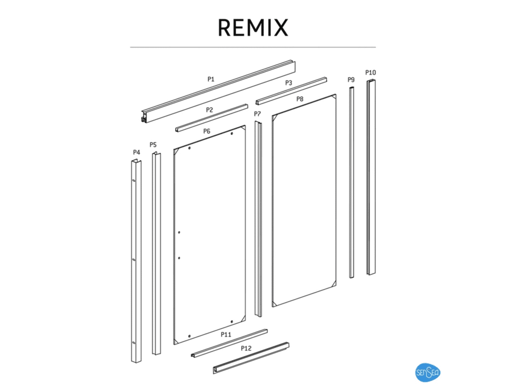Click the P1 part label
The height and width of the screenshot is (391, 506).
pyautogui.click(x=211, y=79)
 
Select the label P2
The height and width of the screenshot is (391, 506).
pyautogui.click(x=209, y=110)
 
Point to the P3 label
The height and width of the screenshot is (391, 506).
pyautogui.click(x=288, y=82)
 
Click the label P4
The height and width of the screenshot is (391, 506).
pyautogui.click(x=136, y=152)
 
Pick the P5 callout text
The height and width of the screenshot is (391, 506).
pyautogui.click(x=153, y=145)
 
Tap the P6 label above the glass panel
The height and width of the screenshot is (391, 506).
pyautogui.click(x=206, y=132)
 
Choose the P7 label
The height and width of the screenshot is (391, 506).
pyautogui.click(x=258, y=114)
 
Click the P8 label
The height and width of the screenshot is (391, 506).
pyautogui.click(x=300, y=99)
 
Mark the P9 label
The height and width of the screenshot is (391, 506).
pyautogui.click(x=351, y=80)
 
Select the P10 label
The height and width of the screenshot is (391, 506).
pyautogui.click(x=371, y=73)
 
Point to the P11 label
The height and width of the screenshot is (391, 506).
pyautogui.click(x=226, y=335)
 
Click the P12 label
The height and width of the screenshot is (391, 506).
pyautogui.click(x=246, y=349)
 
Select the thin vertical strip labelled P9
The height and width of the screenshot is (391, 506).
pyautogui.click(x=351, y=182)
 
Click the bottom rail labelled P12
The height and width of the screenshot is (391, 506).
pyautogui.click(x=251, y=359)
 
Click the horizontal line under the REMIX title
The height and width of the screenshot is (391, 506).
pyautogui.click(x=252, y=48)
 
